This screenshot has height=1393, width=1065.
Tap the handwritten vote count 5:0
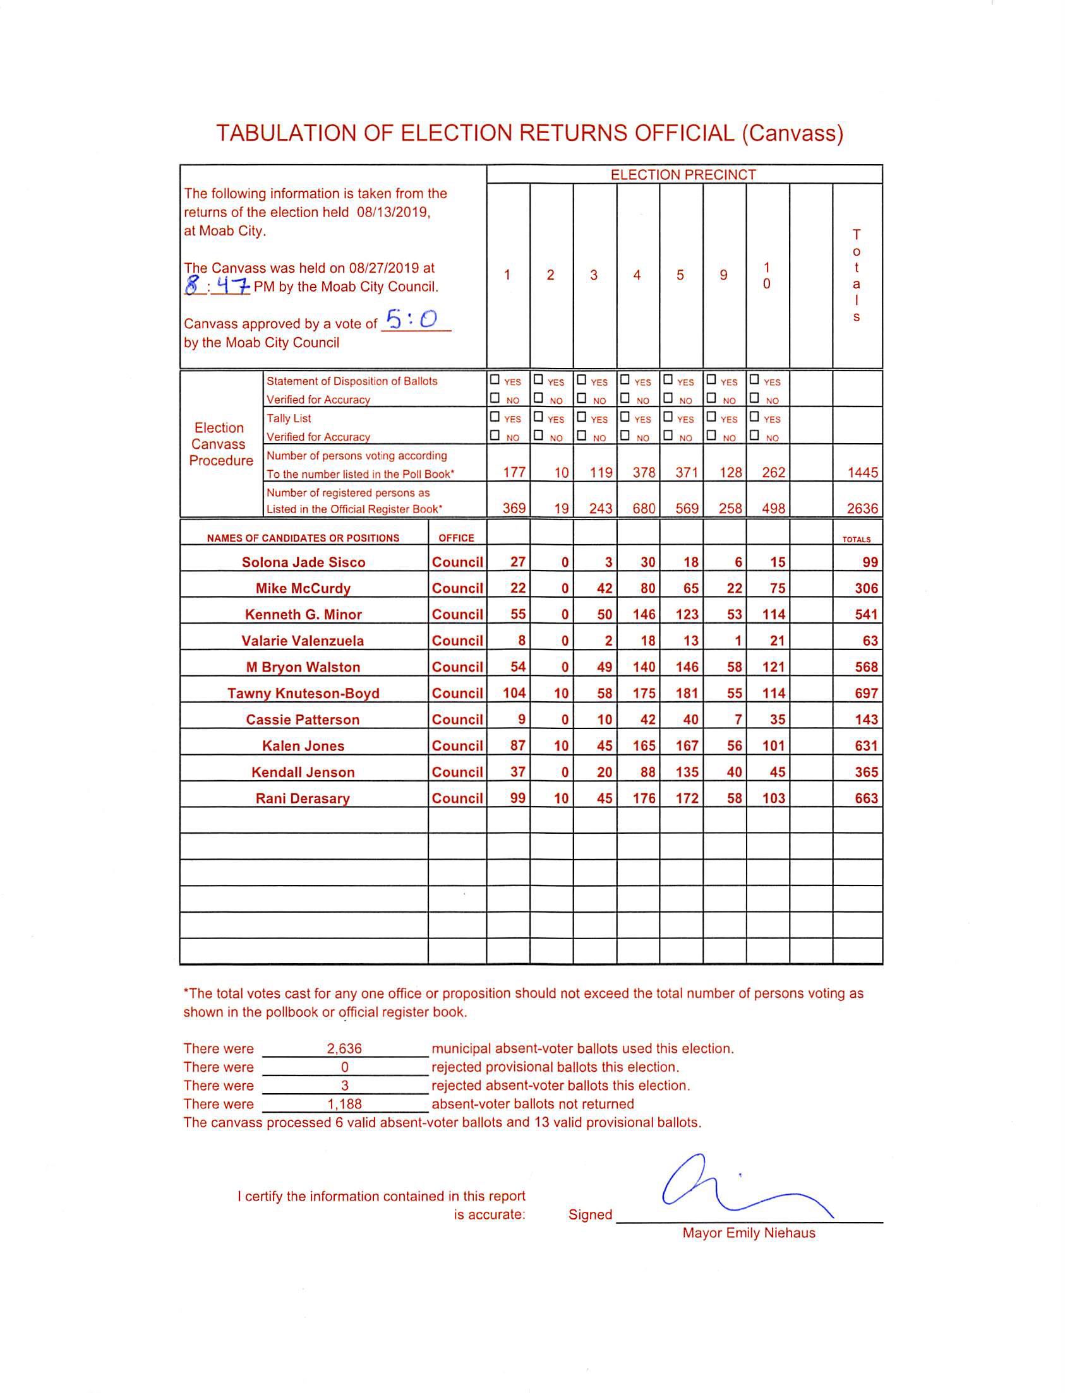point(412,320)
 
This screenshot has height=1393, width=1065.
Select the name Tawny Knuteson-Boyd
point(303,693)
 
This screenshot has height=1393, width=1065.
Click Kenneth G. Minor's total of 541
point(865,615)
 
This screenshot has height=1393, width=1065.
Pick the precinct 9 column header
point(723,275)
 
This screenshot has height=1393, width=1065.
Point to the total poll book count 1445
point(862,473)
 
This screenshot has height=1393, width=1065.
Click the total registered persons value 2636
point(862,509)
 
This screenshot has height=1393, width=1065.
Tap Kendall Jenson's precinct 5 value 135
point(687,772)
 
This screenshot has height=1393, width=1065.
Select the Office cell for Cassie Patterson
point(457,720)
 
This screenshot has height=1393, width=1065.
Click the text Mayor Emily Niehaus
point(749,1233)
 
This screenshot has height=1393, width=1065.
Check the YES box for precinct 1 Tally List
point(495,417)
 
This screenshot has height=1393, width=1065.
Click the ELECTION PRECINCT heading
point(683,175)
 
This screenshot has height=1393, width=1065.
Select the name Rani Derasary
point(303,798)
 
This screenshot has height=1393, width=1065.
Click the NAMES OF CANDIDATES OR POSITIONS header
point(303,538)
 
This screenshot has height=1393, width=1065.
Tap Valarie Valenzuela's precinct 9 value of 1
point(737,641)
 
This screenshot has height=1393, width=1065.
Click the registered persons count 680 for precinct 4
point(644,509)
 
